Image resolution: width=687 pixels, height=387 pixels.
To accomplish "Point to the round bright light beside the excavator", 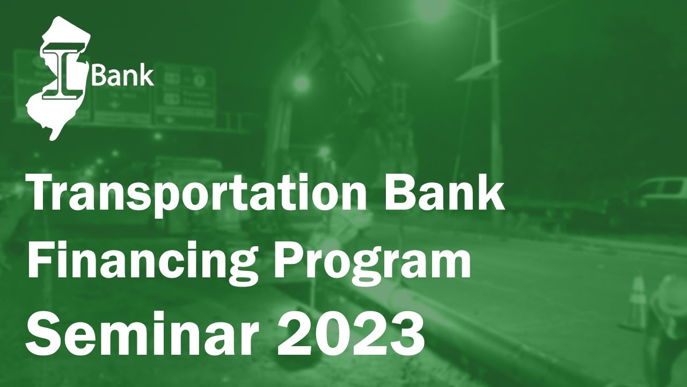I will click(x=302, y=83).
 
